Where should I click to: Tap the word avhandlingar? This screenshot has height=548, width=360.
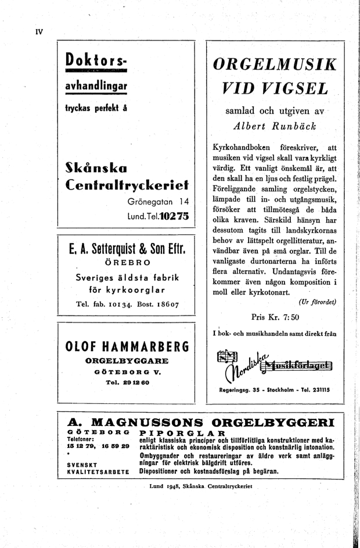click(97, 85)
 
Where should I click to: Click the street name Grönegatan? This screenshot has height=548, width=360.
click(152, 202)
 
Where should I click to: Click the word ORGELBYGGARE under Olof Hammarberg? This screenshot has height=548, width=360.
click(127, 361)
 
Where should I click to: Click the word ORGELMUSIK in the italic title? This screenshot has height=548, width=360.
click(275, 63)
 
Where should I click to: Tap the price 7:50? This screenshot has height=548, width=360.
click(289, 317)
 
